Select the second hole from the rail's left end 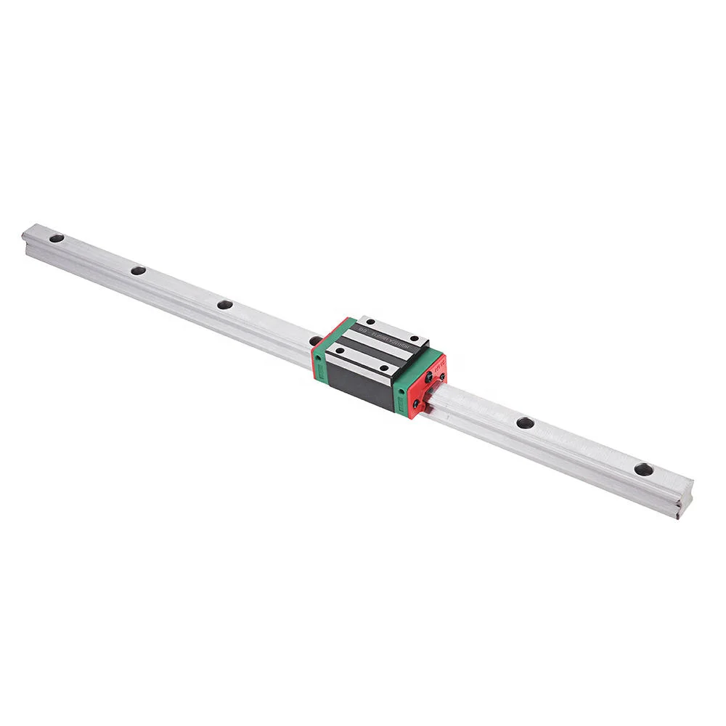138,271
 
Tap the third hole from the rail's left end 225,304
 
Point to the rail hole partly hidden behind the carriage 314,340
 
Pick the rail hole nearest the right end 643,469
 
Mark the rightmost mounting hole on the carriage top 417,339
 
